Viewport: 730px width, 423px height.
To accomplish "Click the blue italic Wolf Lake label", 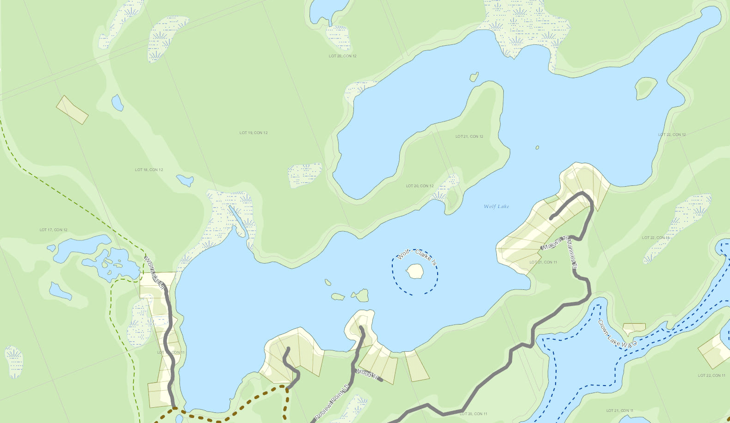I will tap(496, 207).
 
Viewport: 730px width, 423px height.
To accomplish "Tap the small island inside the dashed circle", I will tap(415, 271).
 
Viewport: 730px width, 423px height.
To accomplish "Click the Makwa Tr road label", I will tap(554, 243).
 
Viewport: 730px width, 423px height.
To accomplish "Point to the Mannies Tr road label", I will tap(571, 253).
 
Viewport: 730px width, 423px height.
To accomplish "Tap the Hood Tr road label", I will tap(368, 374).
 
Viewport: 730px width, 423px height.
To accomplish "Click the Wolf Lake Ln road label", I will tap(154, 273).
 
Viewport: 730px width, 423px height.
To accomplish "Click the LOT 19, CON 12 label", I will tap(254, 133).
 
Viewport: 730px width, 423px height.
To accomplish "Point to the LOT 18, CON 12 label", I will tap(149, 170).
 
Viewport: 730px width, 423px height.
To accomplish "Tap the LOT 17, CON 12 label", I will tap(53, 230).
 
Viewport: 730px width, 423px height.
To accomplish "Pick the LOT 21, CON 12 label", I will tap(469, 136).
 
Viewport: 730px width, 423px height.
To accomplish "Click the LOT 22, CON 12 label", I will tap(672, 135).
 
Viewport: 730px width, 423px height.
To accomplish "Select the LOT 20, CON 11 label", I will tap(473, 414).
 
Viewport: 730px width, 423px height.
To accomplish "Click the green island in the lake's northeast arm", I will tap(646, 88).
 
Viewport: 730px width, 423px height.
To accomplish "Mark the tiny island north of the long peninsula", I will tap(474, 77).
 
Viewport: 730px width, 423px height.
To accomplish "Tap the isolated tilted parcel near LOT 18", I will tap(72, 110).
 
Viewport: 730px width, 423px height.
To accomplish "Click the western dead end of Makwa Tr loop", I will tap(551, 218).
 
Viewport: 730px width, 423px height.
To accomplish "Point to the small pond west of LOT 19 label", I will tap(118, 103).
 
